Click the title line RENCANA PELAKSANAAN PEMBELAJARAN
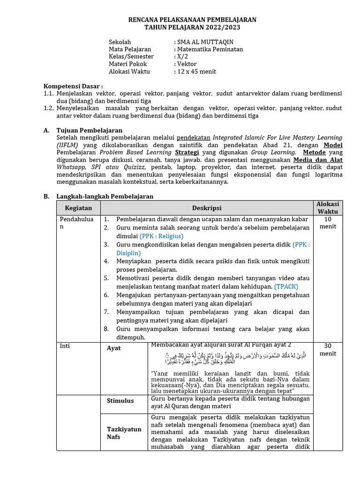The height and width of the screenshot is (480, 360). point(192,20)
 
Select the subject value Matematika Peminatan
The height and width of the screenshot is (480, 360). point(210,49)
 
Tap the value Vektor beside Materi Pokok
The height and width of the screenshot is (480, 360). point(187,64)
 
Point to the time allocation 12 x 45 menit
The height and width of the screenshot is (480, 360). point(196,72)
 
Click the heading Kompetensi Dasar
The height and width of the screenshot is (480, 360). point(73,86)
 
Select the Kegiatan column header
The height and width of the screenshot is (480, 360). point(79,208)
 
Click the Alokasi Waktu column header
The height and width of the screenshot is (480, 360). point(328,208)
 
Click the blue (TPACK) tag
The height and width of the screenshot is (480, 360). point(286,286)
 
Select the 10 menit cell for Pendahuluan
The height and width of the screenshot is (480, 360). point(328,223)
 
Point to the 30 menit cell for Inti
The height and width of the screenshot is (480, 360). point(328,350)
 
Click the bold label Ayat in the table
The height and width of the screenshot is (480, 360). point(114,348)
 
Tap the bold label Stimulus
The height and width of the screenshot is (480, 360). point(120,401)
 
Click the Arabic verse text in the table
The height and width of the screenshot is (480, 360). point(232,359)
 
